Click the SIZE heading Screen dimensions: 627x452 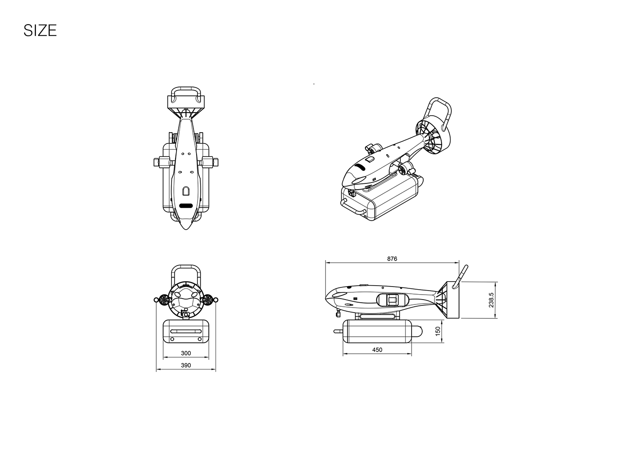40,30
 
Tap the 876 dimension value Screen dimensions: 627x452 392,259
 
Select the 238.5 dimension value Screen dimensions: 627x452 491,300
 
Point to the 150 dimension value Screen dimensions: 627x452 438,331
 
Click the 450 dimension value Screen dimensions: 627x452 377,350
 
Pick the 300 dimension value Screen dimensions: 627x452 186,353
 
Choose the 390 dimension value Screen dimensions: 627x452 186,365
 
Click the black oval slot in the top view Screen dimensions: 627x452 186,206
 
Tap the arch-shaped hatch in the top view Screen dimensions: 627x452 186,191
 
